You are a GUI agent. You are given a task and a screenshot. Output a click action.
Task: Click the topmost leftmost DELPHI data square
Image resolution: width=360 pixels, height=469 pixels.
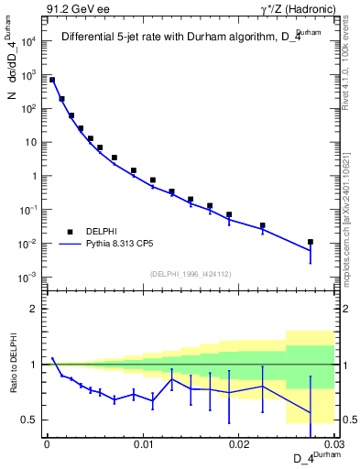(x=52, y=80)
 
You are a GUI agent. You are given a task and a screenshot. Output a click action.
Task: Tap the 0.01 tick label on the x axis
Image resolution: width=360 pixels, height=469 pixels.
(x=142, y=443)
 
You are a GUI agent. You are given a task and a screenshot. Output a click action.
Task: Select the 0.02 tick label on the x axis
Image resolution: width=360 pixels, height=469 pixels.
(x=238, y=443)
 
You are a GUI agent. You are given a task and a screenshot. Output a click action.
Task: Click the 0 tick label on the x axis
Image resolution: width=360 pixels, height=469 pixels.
(x=47, y=443)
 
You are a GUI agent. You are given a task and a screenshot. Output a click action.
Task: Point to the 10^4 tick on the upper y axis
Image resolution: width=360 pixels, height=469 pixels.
(x=30, y=41)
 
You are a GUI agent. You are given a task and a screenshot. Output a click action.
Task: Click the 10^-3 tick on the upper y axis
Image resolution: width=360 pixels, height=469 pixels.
(x=29, y=277)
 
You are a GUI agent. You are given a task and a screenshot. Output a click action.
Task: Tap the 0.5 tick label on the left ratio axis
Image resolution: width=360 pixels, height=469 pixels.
(x=31, y=420)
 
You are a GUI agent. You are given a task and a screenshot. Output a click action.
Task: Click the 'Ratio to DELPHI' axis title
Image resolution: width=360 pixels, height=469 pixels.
(x=13, y=364)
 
